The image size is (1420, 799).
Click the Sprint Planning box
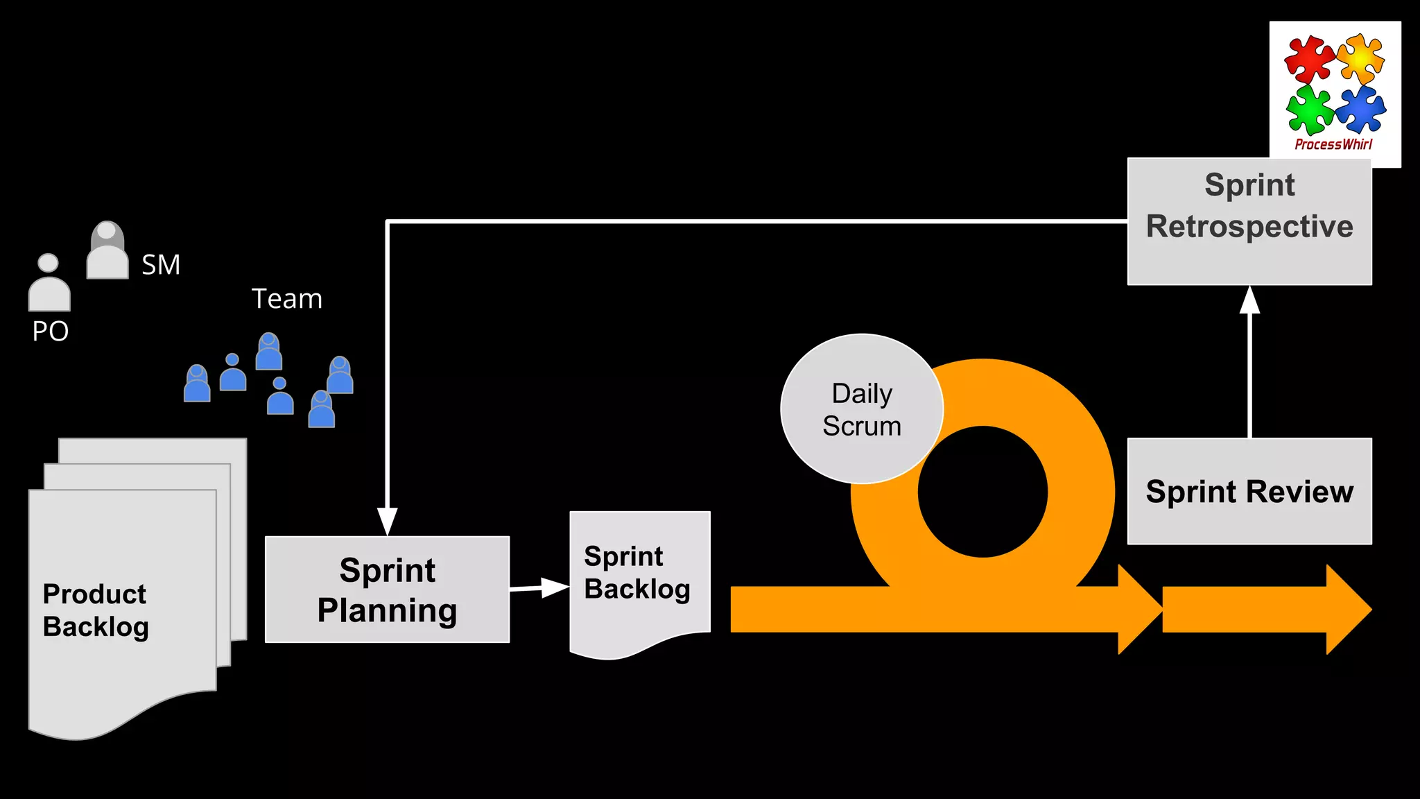click(387, 590)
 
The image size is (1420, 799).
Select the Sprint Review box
click(1249, 491)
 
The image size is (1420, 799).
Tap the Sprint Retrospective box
click(1249, 221)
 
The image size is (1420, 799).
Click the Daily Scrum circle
click(861, 409)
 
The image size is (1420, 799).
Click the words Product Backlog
click(96, 610)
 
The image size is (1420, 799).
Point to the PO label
click(51, 332)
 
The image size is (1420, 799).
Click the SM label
click(161, 265)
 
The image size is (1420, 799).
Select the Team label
click(287, 299)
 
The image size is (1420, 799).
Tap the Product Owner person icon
click(49, 284)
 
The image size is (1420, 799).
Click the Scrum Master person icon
click(107, 251)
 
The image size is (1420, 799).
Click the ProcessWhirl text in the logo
click(1333, 145)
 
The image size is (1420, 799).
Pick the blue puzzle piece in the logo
click(1360, 110)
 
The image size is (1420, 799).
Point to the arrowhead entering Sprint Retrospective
click(1249, 301)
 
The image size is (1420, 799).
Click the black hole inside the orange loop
click(982, 492)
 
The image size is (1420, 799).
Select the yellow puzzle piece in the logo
click(1360, 59)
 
